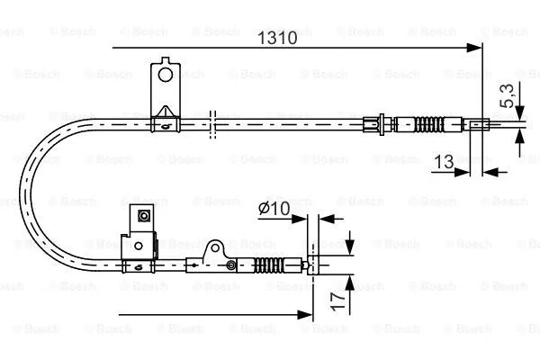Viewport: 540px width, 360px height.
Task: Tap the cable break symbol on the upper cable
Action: [x=212, y=125]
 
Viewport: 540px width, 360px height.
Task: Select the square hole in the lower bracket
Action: [x=141, y=216]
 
